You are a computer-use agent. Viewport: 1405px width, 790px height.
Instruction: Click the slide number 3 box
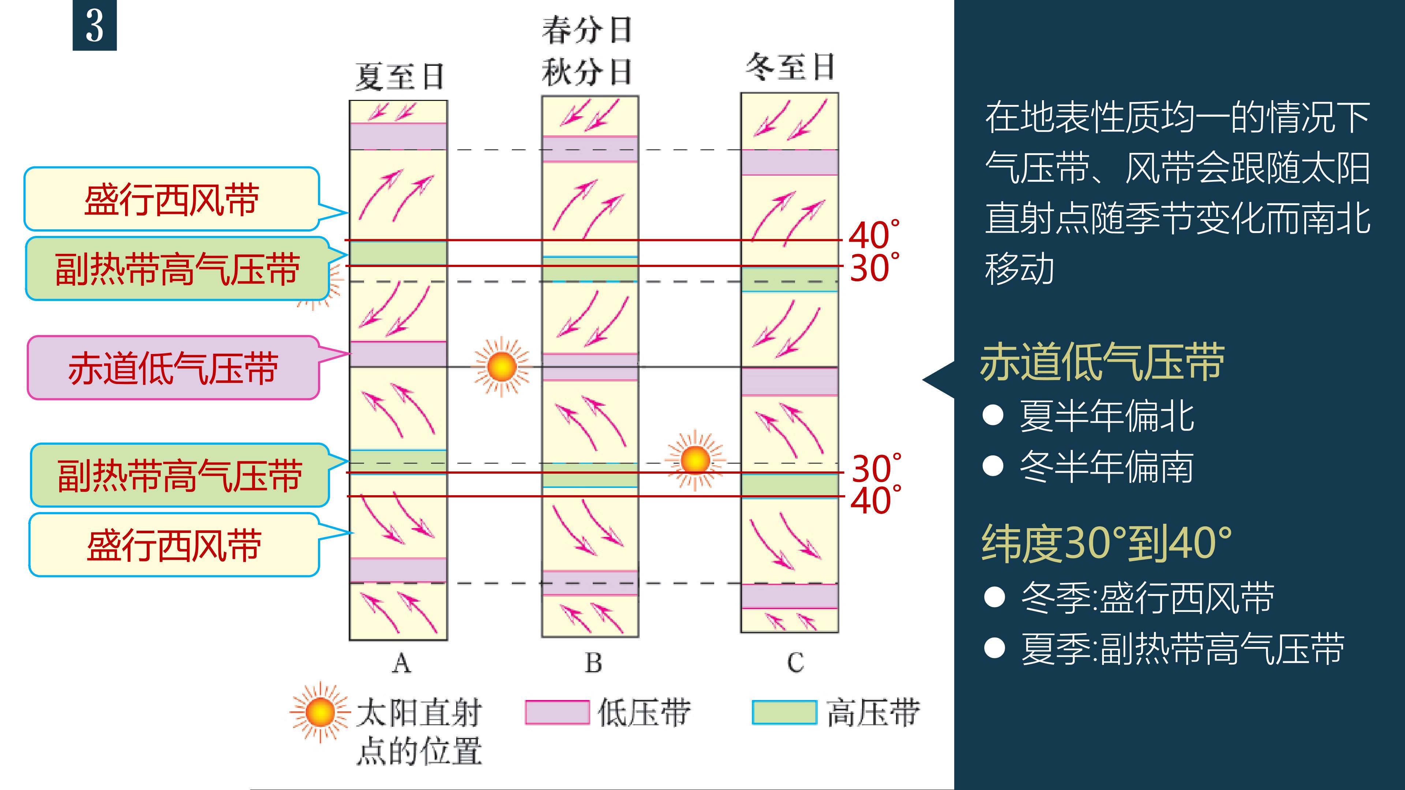coord(94,26)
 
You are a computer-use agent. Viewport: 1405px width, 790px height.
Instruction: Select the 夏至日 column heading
coord(399,76)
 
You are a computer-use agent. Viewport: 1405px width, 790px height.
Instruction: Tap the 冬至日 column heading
coord(790,67)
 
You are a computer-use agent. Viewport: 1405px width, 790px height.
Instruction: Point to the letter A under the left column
coord(401,663)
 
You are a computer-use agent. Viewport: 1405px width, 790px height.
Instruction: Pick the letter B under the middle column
coord(593,663)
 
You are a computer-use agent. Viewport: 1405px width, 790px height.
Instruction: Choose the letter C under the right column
coord(795,663)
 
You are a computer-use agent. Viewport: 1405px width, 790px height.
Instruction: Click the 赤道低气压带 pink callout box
coord(173,368)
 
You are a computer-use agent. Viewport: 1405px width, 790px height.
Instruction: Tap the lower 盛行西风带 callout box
coord(173,545)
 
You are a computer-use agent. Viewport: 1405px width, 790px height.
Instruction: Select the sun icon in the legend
coord(320,712)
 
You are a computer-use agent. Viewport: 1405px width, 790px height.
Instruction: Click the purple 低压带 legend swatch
coord(557,712)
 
